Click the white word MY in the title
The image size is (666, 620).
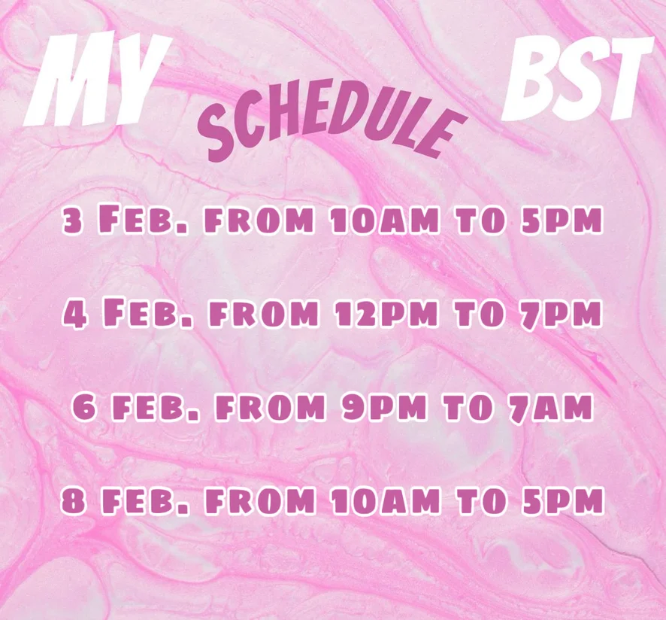(98, 80)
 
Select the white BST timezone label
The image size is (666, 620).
(577, 77)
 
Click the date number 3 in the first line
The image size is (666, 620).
(73, 221)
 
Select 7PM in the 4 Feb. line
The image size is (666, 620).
(561, 314)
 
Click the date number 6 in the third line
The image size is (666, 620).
(83, 406)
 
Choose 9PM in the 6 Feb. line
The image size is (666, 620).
(383, 406)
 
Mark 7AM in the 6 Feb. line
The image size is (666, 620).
(550, 406)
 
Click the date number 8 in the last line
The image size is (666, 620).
(71, 500)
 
